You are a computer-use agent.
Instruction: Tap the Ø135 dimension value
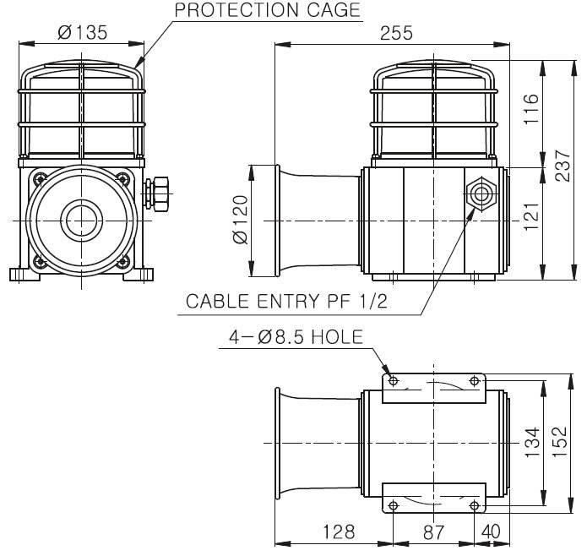click(x=82, y=34)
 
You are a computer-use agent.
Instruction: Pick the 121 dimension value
click(x=530, y=222)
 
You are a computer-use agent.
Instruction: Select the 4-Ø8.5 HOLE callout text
click(x=296, y=337)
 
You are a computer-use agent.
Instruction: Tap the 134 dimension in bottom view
click(x=530, y=444)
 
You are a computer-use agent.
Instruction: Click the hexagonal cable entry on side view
click(x=481, y=193)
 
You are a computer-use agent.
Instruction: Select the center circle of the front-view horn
click(x=82, y=222)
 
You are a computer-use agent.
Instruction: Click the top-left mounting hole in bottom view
click(x=391, y=382)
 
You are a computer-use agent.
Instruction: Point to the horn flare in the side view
click(x=313, y=221)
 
